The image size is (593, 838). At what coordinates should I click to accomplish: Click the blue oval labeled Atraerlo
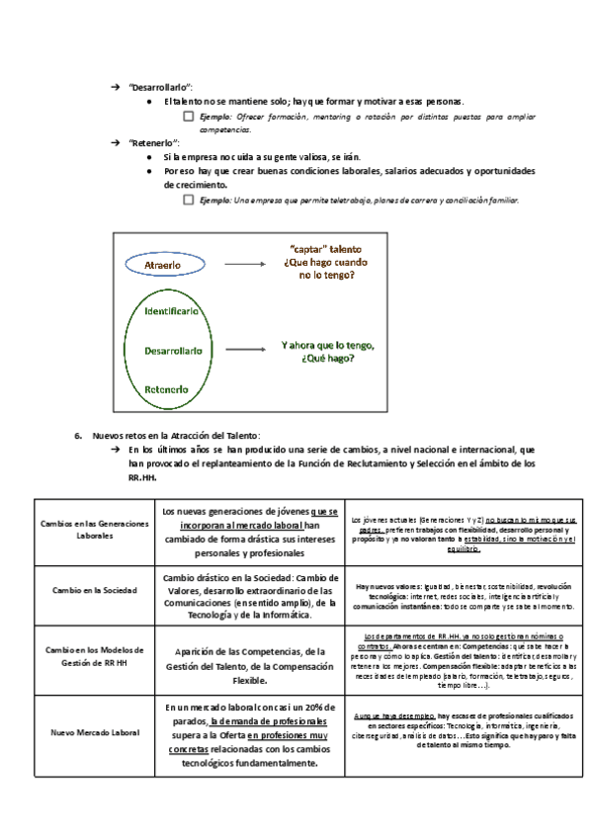click(162, 266)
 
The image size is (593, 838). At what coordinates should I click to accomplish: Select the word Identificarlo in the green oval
click(173, 310)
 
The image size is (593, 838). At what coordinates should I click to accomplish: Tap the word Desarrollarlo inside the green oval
click(173, 350)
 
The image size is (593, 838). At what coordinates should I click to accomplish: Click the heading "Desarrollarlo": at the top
click(161, 88)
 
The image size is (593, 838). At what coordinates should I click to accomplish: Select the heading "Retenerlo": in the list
click(153, 143)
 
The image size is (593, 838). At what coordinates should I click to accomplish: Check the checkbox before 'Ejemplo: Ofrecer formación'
click(188, 117)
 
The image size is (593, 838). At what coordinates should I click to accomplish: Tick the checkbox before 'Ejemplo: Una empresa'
click(188, 200)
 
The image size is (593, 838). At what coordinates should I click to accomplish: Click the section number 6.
click(77, 435)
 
